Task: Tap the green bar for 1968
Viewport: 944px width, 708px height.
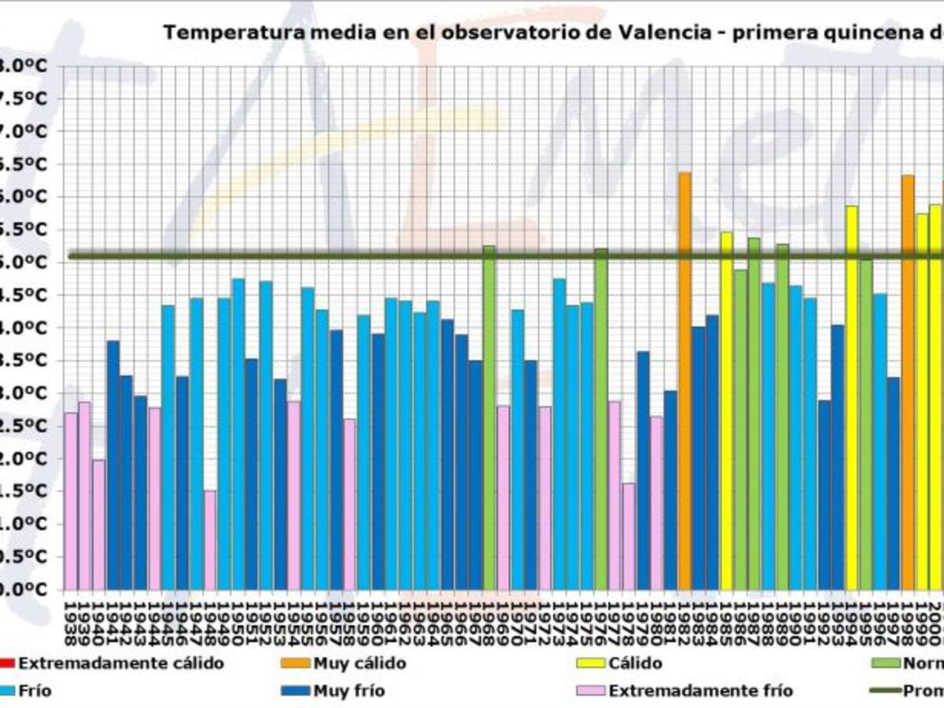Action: tap(489, 418)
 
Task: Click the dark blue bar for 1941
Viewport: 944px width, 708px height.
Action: tap(112, 465)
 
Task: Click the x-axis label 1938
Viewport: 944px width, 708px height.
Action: tap(71, 621)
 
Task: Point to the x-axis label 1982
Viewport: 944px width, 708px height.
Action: tap(684, 621)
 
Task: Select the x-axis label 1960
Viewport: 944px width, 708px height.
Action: tap(378, 621)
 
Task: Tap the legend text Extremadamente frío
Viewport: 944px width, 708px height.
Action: tap(701, 691)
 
